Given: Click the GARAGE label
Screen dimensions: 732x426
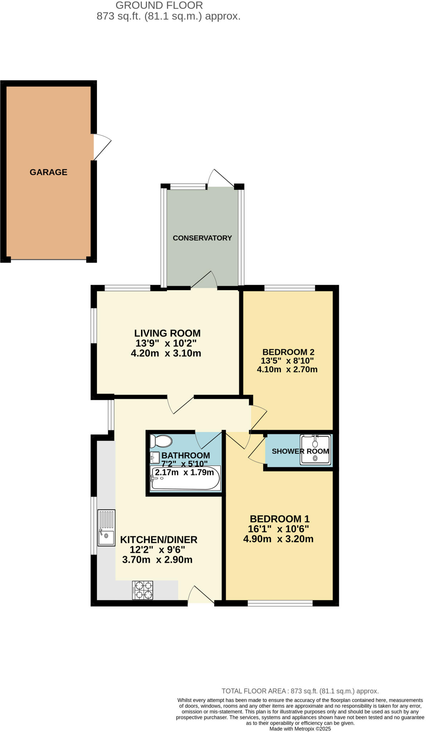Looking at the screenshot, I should pyautogui.click(x=48, y=172).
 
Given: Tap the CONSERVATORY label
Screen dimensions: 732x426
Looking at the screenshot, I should pyautogui.click(x=202, y=238).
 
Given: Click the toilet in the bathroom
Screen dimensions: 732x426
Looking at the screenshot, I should pyautogui.click(x=161, y=441).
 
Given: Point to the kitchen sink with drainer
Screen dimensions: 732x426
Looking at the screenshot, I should pyautogui.click(x=106, y=528).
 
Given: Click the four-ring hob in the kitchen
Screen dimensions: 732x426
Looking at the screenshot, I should pyautogui.click(x=142, y=590).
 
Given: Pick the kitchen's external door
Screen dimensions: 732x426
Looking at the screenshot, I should pyautogui.click(x=200, y=595).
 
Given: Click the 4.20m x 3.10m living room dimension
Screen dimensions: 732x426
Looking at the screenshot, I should pyautogui.click(x=166, y=353).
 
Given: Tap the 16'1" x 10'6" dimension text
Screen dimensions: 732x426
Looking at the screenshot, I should pyautogui.click(x=278, y=529).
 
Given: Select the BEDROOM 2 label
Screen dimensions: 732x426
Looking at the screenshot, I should pyautogui.click(x=288, y=352).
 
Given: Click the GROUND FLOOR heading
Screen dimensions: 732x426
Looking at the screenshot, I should pyautogui.click(x=159, y=5).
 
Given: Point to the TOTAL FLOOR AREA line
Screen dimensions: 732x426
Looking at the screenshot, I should pyautogui.click(x=300, y=691).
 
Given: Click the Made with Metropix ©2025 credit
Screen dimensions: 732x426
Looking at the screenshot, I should pyautogui.click(x=300, y=728).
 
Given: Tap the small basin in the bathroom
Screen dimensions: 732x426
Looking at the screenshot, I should pyautogui.click(x=155, y=457).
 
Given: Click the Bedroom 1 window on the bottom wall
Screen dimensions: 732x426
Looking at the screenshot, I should pyautogui.click(x=280, y=603).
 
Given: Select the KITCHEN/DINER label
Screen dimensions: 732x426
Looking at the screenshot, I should pyautogui.click(x=159, y=540).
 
